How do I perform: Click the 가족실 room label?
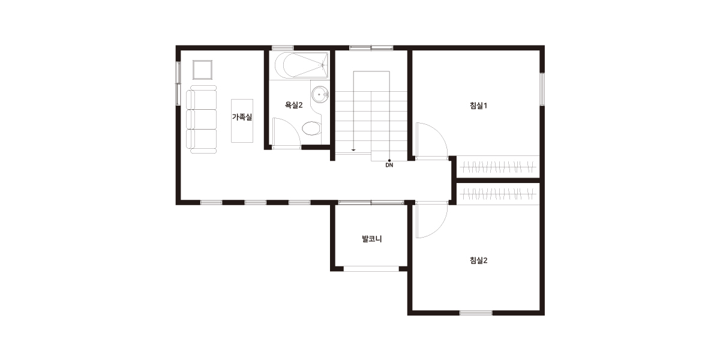pos(242,117)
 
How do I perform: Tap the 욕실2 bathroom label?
pos(294,105)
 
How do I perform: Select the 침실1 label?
pos(479,106)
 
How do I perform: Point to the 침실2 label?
pos(479,260)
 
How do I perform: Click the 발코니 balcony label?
pos(372,239)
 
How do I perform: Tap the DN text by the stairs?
pos(389,165)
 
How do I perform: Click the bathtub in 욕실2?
pos(301,65)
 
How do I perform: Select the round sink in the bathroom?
pos(320,95)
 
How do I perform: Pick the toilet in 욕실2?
pos(311,128)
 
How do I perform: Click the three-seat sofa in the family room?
pos(202,119)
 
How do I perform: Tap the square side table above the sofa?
pos(203,70)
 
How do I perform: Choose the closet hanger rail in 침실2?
pos(497,194)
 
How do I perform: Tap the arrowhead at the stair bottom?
pos(353,150)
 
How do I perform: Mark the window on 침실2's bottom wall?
pos(476,313)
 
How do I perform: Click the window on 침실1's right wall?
pos(542,89)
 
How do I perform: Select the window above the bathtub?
pos(283,48)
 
